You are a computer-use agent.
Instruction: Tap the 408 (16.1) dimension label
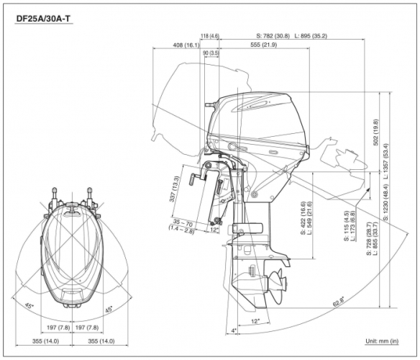[186, 45]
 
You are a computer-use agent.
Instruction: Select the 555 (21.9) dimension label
[264, 45]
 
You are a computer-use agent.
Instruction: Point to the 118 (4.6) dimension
[209, 35]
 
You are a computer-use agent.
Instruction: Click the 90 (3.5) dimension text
[211, 53]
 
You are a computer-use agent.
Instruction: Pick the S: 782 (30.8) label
[273, 35]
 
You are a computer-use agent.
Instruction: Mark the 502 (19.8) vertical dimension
[375, 132]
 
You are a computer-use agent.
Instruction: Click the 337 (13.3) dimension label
[175, 189]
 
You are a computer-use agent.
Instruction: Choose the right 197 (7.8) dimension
[88, 328]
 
